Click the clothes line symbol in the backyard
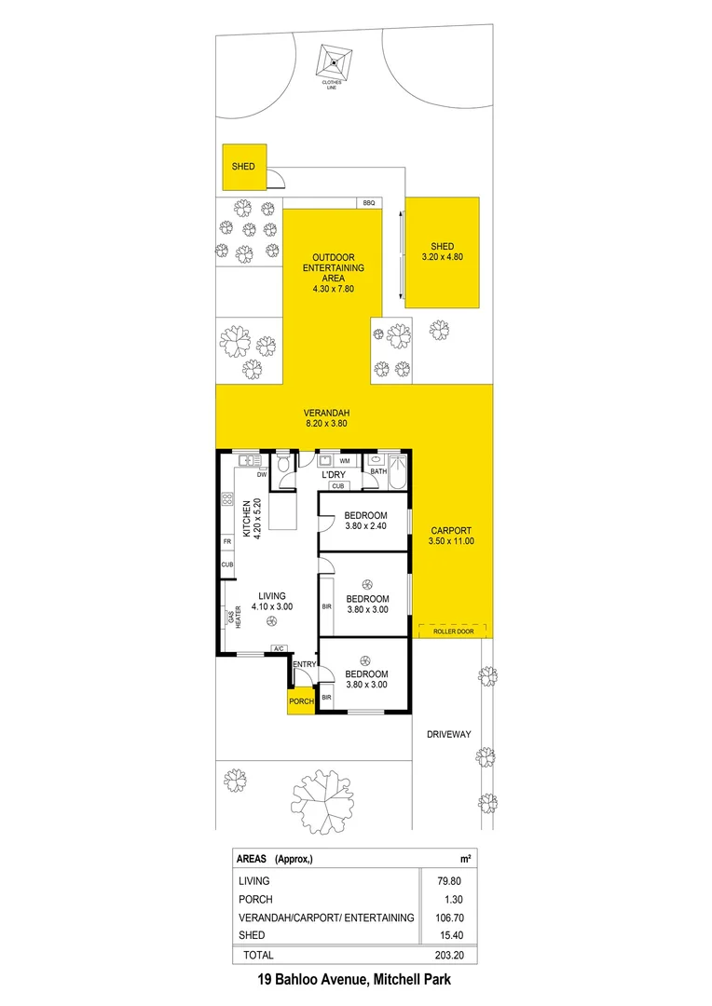(332, 62)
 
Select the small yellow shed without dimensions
(244, 167)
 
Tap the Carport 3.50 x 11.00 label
(450, 536)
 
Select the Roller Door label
(453, 631)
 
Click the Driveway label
(448, 734)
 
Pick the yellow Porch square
(301, 700)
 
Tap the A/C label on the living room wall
(277, 649)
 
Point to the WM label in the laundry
(344, 461)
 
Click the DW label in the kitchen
(262, 475)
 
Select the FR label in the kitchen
(226, 541)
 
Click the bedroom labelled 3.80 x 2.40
(365, 522)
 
